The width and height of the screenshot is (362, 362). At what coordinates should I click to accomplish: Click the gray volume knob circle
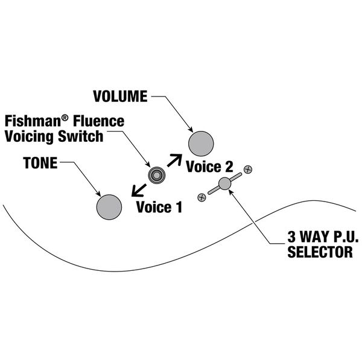tap(201, 144)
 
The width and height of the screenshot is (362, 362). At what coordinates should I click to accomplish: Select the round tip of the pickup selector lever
tap(224, 184)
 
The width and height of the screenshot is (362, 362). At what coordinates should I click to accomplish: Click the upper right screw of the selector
tap(247, 170)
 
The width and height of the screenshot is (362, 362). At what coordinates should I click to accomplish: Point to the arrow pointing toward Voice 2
tap(175, 160)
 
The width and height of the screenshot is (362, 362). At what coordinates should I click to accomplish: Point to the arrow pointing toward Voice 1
tap(138, 191)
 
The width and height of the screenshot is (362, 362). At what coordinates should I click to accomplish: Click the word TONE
tap(41, 164)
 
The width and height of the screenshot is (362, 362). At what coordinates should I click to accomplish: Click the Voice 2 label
tap(209, 167)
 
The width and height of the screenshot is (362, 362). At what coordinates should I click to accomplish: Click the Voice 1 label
tap(159, 208)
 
